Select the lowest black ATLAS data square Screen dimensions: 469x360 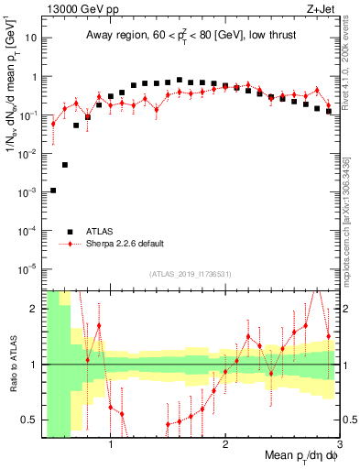[53, 191]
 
